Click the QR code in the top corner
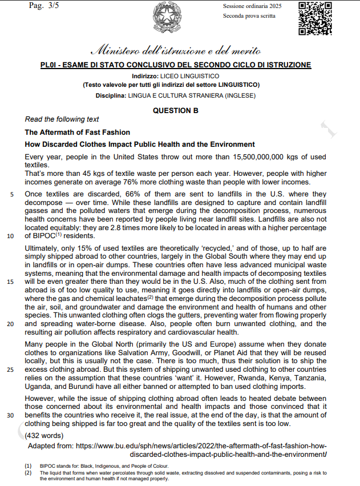click(x=315, y=18)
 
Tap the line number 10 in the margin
click(x=11, y=235)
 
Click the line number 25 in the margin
click(x=11, y=369)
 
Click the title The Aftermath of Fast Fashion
click(x=78, y=132)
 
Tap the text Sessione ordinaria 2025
click(x=252, y=6)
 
